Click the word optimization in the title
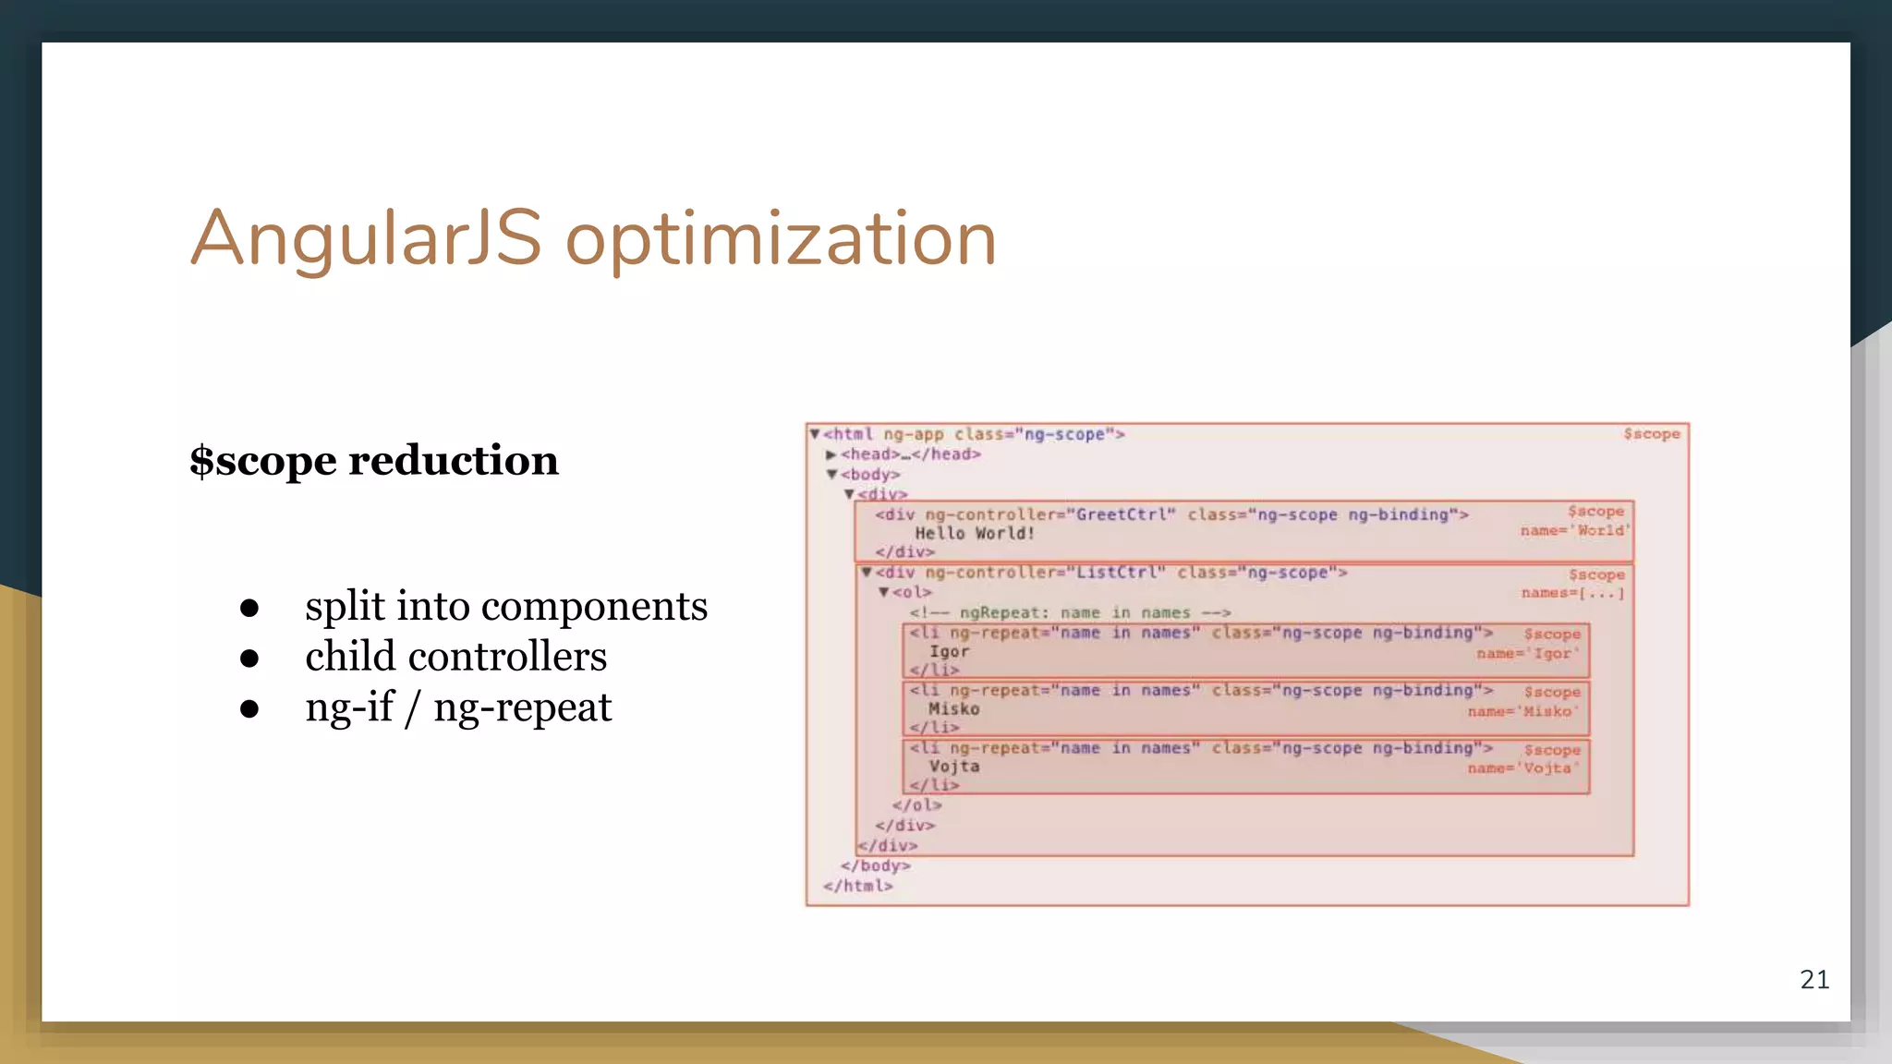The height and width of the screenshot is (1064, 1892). [x=781, y=240]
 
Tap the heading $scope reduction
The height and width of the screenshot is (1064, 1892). [x=374, y=460]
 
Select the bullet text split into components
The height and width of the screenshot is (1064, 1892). [x=506, y=606]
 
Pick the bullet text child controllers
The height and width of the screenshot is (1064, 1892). [x=455, y=657]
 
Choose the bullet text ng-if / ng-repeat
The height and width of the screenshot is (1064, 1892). [x=458, y=707]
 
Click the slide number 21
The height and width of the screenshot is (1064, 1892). [x=1814, y=979]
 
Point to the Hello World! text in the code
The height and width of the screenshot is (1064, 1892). [x=975, y=533]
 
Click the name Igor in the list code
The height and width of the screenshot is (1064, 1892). [x=949, y=651]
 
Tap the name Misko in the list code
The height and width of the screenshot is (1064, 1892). [x=953, y=708]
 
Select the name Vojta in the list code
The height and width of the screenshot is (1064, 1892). [x=953, y=766]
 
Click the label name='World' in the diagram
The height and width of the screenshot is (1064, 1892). [x=1575, y=530]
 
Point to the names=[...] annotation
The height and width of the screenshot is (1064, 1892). [x=1572, y=593]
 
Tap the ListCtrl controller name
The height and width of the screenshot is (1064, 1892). [x=1121, y=573]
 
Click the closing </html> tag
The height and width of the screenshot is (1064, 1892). [x=858, y=886]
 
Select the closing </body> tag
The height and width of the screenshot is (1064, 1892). [x=875, y=865]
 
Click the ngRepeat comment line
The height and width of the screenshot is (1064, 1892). [x=1070, y=612]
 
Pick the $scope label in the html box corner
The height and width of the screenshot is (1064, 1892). [x=1652, y=434]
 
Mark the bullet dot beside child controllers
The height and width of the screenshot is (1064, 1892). [x=249, y=659]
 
